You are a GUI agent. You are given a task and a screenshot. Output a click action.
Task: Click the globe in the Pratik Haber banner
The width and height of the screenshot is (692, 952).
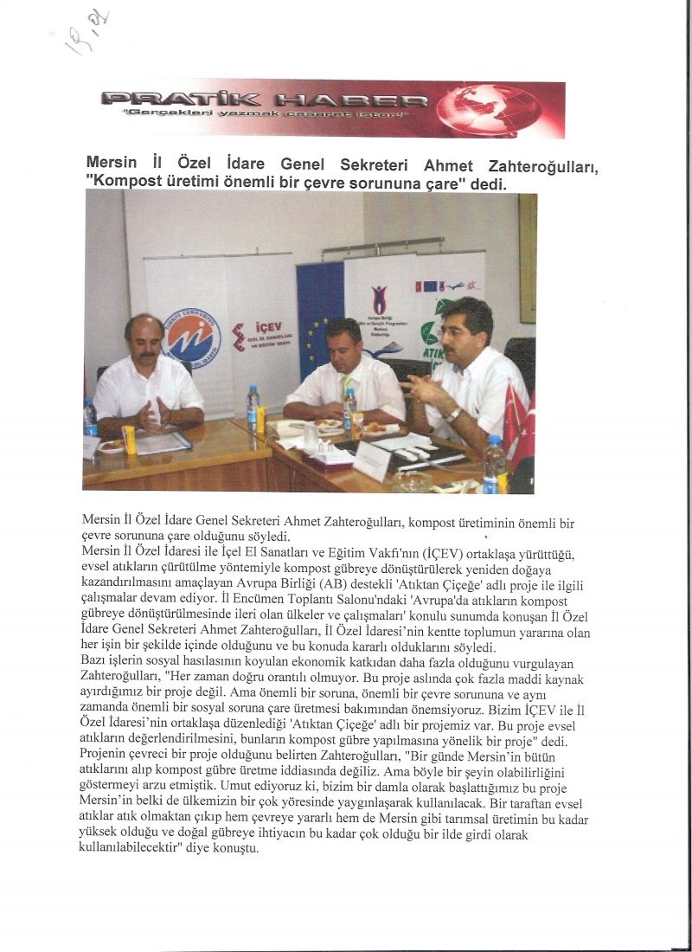(x=489, y=109)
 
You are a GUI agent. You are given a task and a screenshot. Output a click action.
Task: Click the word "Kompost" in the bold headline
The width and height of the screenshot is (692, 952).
(x=128, y=183)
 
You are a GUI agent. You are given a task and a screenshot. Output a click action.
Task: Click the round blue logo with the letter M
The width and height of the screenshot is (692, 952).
(x=191, y=337)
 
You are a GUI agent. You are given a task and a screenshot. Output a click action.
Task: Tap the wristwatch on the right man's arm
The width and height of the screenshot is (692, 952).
(x=452, y=414)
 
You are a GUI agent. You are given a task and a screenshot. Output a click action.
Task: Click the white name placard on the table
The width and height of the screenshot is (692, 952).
(x=372, y=460)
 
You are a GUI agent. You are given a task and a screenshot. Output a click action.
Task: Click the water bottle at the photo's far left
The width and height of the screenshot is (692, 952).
(x=90, y=417)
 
